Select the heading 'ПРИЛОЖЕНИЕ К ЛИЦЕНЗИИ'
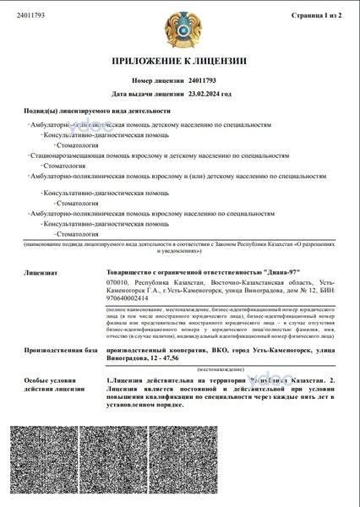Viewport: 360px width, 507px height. [x=180, y=61]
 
